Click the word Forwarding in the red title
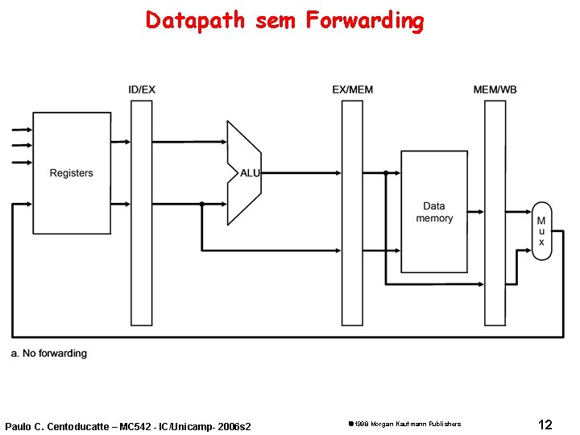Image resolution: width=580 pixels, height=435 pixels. (364, 21)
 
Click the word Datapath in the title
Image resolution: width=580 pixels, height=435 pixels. (195, 20)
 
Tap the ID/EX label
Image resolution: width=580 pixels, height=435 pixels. (142, 89)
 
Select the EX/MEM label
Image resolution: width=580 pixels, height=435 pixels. (353, 89)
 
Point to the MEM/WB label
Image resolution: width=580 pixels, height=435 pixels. (495, 89)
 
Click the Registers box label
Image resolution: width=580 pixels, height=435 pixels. (71, 173)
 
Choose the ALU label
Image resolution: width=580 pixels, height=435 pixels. (250, 173)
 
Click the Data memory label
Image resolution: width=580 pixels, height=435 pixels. (434, 212)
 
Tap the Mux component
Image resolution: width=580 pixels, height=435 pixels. (541, 231)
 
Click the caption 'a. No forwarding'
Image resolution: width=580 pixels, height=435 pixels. (49, 354)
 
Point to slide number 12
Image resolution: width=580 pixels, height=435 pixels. (545, 424)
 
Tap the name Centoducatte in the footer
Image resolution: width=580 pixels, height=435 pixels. (80, 425)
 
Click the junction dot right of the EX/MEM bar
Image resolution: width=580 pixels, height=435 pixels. (386, 173)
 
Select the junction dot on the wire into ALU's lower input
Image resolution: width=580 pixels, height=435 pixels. (201, 204)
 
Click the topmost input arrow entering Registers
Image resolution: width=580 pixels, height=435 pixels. (19, 130)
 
